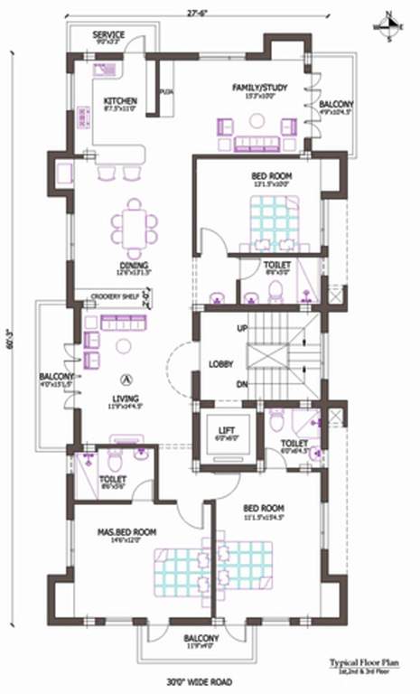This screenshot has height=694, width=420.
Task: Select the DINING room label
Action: (133, 266)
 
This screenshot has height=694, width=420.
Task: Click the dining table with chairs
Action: (134, 226)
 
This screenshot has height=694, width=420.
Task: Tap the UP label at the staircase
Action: (242, 327)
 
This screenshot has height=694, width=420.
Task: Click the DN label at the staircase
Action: (242, 384)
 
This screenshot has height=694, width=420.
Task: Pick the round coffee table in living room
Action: (124, 346)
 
